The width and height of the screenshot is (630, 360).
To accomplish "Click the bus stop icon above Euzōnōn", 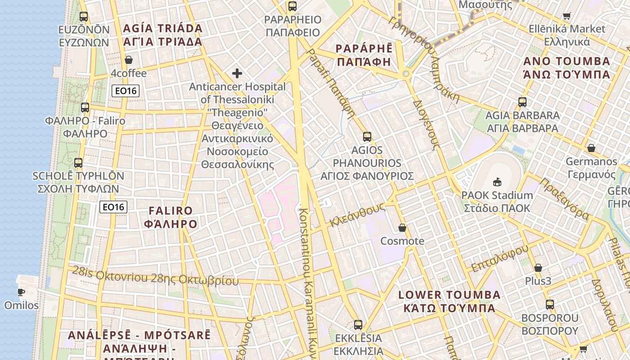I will (x=84, y=17).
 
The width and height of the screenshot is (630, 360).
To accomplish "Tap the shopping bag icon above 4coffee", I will (x=129, y=60).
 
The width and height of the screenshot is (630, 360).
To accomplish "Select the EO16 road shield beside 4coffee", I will (x=126, y=91).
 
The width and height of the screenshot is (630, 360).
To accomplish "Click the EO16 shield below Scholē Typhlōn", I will (x=113, y=207).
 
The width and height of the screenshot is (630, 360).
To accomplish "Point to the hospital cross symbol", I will (x=237, y=73).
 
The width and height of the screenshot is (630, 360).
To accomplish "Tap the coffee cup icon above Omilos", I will (x=21, y=292).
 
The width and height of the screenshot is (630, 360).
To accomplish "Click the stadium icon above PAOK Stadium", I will (x=497, y=182).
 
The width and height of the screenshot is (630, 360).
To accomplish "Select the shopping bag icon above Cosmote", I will (x=402, y=228).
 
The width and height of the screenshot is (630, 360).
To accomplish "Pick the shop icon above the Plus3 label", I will (x=538, y=268).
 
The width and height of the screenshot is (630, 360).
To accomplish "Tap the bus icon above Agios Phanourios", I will (x=367, y=136).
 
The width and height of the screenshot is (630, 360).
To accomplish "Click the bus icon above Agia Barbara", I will (x=522, y=102).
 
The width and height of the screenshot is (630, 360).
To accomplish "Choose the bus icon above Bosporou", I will (x=549, y=305).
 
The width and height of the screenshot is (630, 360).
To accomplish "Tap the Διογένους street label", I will (x=426, y=122).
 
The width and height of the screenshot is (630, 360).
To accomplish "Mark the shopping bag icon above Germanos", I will (x=591, y=148).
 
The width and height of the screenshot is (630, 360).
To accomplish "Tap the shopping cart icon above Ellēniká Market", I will (x=567, y=16).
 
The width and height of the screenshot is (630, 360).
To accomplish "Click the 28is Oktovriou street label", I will (x=155, y=277).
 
